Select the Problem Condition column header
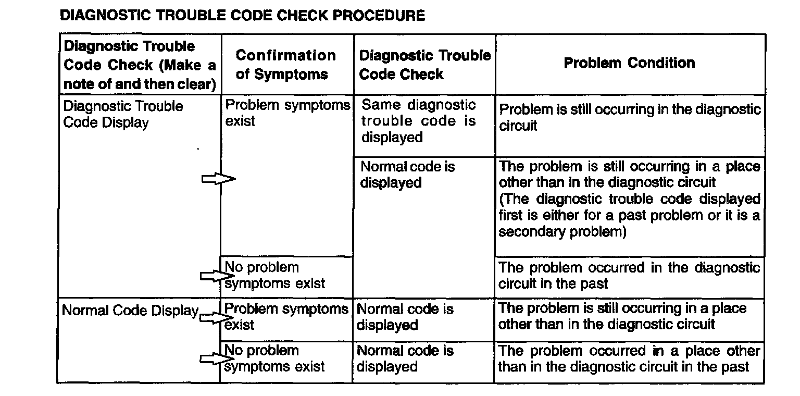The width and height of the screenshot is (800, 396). [629, 63]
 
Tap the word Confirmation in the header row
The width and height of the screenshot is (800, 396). [286, 55]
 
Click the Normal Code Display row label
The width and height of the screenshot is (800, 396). [130, 311]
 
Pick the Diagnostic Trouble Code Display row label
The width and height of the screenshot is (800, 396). [123, 114]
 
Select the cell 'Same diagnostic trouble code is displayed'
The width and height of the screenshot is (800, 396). [418, 121]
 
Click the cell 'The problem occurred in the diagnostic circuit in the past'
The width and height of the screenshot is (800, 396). [629, 276]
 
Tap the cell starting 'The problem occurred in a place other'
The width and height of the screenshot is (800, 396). [629, 358]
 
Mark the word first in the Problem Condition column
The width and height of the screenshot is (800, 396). [510, 215]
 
